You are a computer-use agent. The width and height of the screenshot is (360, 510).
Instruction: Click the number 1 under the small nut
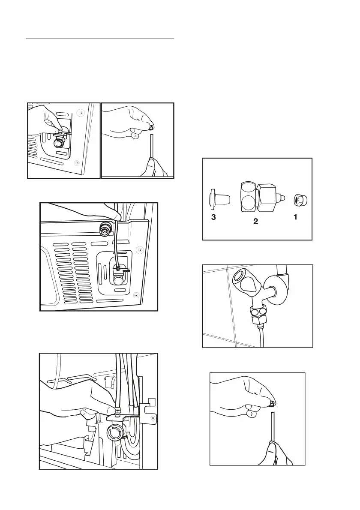(295, 216)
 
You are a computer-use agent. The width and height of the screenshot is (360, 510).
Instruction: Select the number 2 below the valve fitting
(255, 222)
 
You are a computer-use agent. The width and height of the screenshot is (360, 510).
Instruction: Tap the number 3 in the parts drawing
(213, 217)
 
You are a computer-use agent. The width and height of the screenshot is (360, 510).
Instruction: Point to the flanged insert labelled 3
(219, 199)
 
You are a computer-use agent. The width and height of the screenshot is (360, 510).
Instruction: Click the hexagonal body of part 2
(266, 197)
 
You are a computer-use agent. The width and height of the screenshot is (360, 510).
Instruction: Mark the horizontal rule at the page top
(100, 39)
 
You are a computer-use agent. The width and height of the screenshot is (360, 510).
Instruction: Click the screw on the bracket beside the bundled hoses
(153, 417)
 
